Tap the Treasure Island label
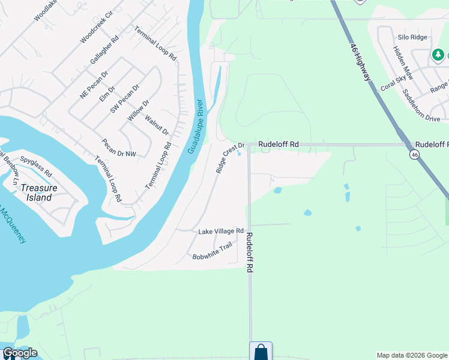coord(39,192)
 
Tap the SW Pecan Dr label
coord(124,99)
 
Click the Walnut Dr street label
coord(157,124)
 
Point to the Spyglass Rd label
coord(36,167)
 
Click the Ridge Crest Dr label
coord(230,158)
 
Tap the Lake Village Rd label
coord(221,231)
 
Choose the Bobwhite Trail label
coord(212,251)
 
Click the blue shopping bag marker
coord(261,352)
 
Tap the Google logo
coord(20,353)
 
